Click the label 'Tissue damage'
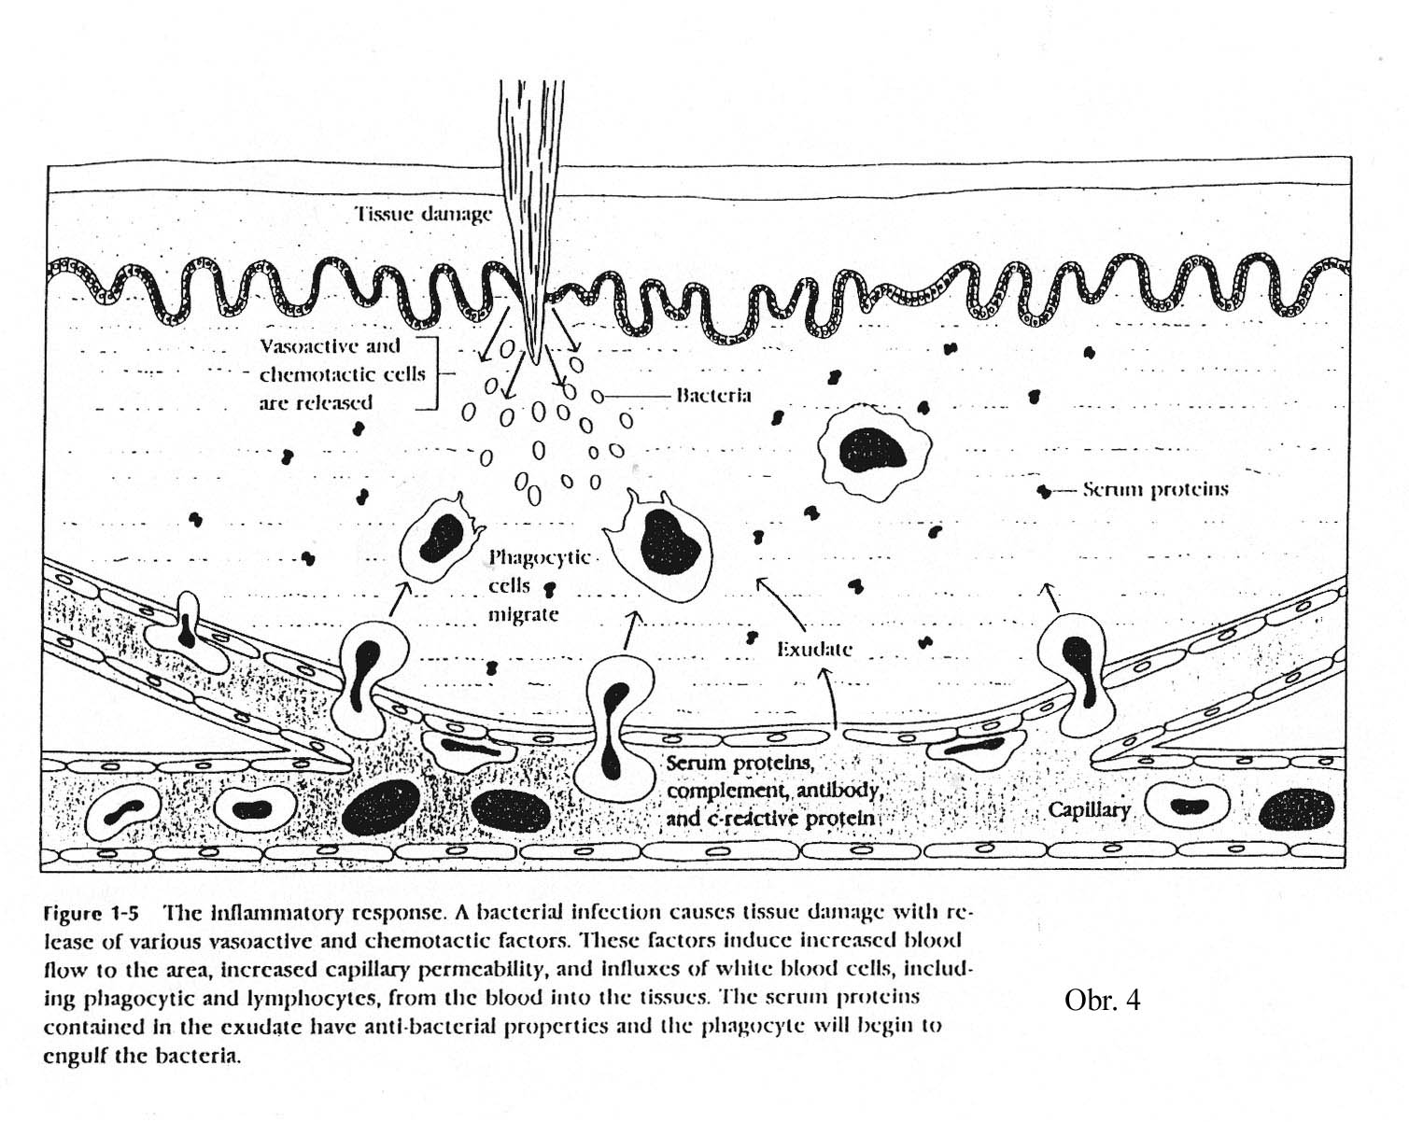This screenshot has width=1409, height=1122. point(423,214)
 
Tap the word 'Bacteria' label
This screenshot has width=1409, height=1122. point(713,395)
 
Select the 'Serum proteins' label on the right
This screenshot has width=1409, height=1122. point(1155,489)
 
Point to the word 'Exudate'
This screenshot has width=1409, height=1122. point(814,649)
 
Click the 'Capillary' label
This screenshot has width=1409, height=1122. point(1089,808)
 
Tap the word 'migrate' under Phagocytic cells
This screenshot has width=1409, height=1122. point(523,614)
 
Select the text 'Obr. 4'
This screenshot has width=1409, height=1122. point(1102,1001)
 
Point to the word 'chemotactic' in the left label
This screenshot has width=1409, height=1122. point(342,374)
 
